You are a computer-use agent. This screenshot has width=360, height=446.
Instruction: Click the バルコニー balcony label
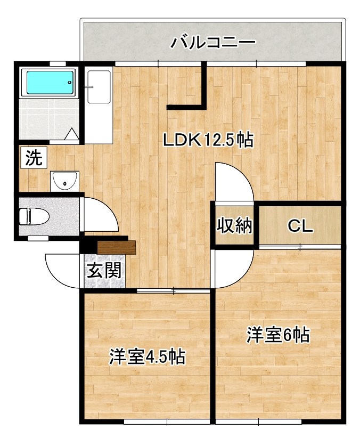[213, 42]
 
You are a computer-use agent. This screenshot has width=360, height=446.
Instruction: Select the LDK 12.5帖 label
[208, 140]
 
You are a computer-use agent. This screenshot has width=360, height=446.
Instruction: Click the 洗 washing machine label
[34, 158]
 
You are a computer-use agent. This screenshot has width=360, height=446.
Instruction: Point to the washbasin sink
[65, 181]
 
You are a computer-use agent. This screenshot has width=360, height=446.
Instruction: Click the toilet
[33, 216]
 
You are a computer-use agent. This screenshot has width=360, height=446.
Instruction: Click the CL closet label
[300, 226]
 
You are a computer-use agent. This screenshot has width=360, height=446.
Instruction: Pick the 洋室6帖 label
[278, 335]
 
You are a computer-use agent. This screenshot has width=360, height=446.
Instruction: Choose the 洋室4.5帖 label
[148, 356]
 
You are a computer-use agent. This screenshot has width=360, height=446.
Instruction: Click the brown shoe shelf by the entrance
[117, 247]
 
